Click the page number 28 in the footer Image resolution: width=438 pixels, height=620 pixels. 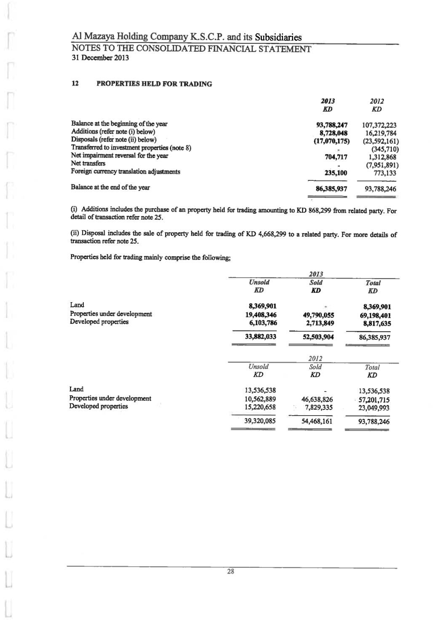coord(230,572)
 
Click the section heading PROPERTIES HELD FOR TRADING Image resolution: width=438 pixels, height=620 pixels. coord(154,84)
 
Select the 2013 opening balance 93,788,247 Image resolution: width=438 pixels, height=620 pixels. coord(331,125)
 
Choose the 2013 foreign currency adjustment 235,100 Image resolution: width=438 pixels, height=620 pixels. coord(336,173)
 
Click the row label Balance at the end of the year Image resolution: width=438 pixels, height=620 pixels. coord(110,188)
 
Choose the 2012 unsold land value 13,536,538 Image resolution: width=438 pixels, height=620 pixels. coord(260,391)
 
